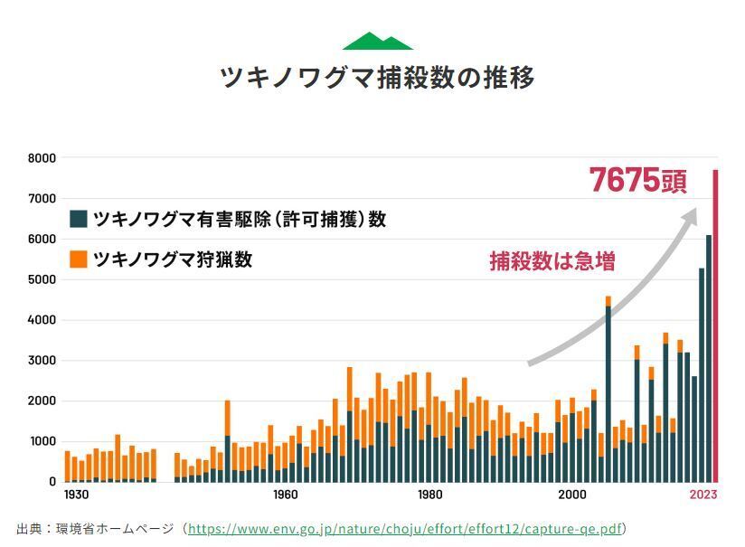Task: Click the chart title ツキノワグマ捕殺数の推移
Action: click(378, 78)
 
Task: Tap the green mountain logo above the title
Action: click(378, 42)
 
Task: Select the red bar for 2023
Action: click(715, 325)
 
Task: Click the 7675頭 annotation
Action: click(637, 181)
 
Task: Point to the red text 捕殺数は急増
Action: click(552, 262)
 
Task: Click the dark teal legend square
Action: click(79, 219)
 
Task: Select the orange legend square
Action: click(79, 259)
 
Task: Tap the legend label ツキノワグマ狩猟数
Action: click(173, 259)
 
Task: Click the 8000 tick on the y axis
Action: click(42, 158)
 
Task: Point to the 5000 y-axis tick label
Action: click(42, 279)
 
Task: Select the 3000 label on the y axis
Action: click(42, 361)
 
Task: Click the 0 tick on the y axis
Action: click(52, 482)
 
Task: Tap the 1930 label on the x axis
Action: click(76, 495)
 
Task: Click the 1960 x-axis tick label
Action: click(285, 495)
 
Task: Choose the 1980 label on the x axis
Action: click(430, 495)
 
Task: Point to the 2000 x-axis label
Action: click(571, 495)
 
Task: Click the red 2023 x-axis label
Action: click(703, 495)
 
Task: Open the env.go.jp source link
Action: click(405, 528)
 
